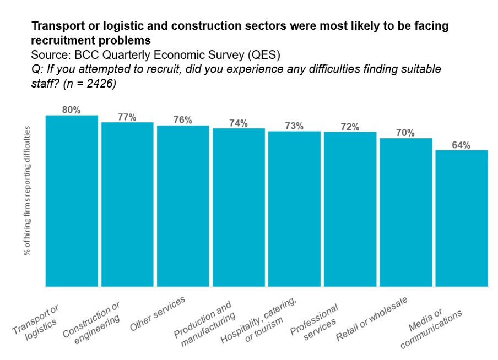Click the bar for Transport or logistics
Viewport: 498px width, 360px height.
[x=72, y=201]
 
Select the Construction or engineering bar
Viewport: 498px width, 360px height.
[x=127, y=204]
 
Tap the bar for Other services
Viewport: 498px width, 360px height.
[x=183, y=206]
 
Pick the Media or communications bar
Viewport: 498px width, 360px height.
[x=462, y=218]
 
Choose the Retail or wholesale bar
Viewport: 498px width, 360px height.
[x=406, y=212]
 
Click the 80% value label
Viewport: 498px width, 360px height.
[x=72, y=110]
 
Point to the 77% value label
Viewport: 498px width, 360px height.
[x=127, y=117]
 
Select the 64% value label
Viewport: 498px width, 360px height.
[x=462, y=145]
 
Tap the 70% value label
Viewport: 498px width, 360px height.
[x=406, y=133]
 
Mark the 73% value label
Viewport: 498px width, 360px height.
[x=294, y=126]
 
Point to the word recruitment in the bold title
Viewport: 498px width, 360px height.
[x=60, y=40]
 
